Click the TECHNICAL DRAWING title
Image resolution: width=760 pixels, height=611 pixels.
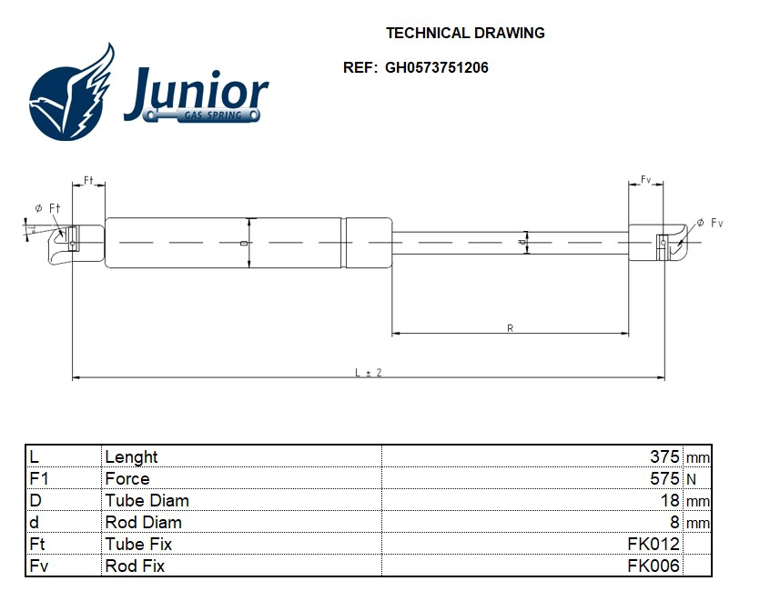(465, 33)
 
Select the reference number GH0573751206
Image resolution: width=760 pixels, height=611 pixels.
(436, 67)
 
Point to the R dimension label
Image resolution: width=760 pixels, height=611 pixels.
(510, 328)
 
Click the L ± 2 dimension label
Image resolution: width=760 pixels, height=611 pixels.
(368, 373)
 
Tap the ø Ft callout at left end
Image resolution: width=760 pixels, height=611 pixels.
(47, 208)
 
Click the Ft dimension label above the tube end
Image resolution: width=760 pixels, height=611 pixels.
(89, 181)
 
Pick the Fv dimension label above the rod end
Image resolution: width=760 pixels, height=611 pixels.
(645, 181)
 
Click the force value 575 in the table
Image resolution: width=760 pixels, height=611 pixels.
(664, 479)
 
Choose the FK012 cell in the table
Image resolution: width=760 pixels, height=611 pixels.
(654, 545)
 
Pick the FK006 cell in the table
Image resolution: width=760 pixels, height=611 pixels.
(654, 566)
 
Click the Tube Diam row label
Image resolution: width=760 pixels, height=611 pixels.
(147, 501)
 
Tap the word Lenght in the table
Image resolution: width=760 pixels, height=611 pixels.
(131, 457)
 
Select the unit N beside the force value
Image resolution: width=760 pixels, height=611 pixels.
(691, 480)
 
